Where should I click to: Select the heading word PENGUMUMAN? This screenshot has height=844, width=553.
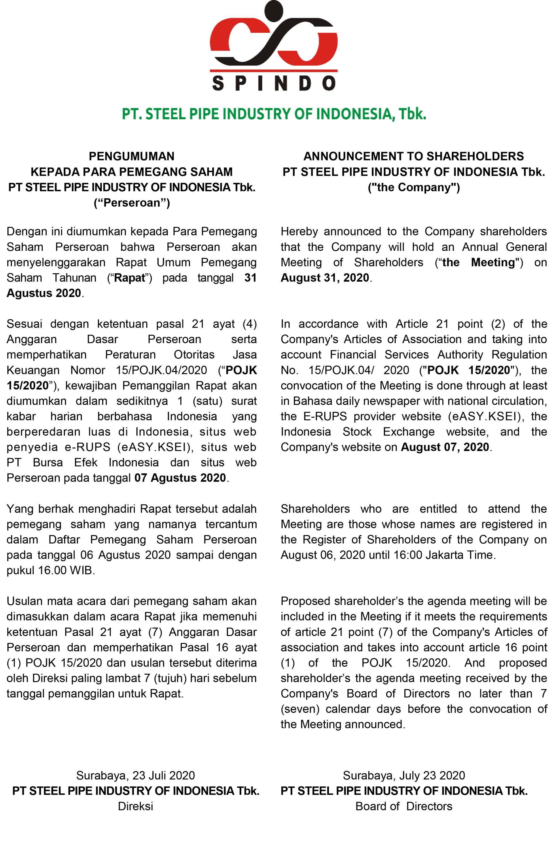point(132,156)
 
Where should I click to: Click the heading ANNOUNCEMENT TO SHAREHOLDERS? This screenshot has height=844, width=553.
point(413,156)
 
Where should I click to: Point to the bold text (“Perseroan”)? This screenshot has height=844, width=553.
point(132,203)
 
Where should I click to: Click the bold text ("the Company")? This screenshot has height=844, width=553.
point(413,187)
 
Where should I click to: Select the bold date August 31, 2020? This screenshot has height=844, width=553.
point(325,278)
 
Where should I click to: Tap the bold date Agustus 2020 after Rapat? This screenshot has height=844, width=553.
point(44,293)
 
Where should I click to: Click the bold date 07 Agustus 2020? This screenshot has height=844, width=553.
point(180,478)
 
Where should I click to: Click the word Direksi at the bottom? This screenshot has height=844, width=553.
point(135,807)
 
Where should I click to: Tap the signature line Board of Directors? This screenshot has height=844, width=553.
point(404,807)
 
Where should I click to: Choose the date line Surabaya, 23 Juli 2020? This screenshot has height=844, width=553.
point(135,775)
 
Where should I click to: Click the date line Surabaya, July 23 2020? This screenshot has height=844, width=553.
point(404,775)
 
